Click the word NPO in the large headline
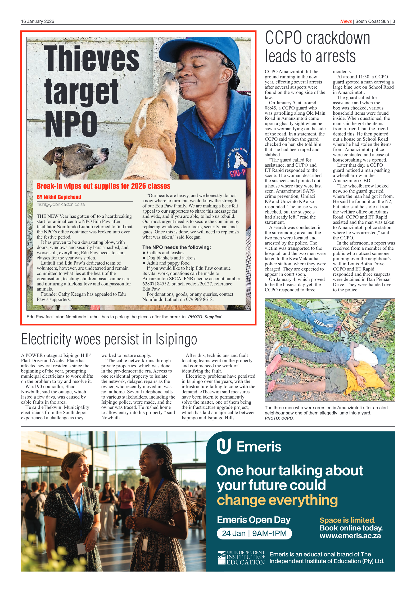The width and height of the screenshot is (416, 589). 71,124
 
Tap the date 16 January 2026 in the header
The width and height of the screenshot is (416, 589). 38,21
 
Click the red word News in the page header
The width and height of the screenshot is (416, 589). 346,21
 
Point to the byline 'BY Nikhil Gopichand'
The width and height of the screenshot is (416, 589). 59,197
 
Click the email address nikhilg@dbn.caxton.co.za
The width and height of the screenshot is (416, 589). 61,204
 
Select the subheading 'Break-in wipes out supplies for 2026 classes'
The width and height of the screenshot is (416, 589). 103,186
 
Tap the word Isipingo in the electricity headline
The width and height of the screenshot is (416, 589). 176,340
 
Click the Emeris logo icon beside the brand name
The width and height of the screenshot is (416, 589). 224,446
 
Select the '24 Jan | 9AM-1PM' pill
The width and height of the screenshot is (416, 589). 254,533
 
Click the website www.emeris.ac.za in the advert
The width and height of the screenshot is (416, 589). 350,536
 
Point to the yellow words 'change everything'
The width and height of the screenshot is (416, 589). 277,500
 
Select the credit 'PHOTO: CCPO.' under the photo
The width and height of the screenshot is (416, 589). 279,418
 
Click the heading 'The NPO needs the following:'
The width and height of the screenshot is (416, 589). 177,247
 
